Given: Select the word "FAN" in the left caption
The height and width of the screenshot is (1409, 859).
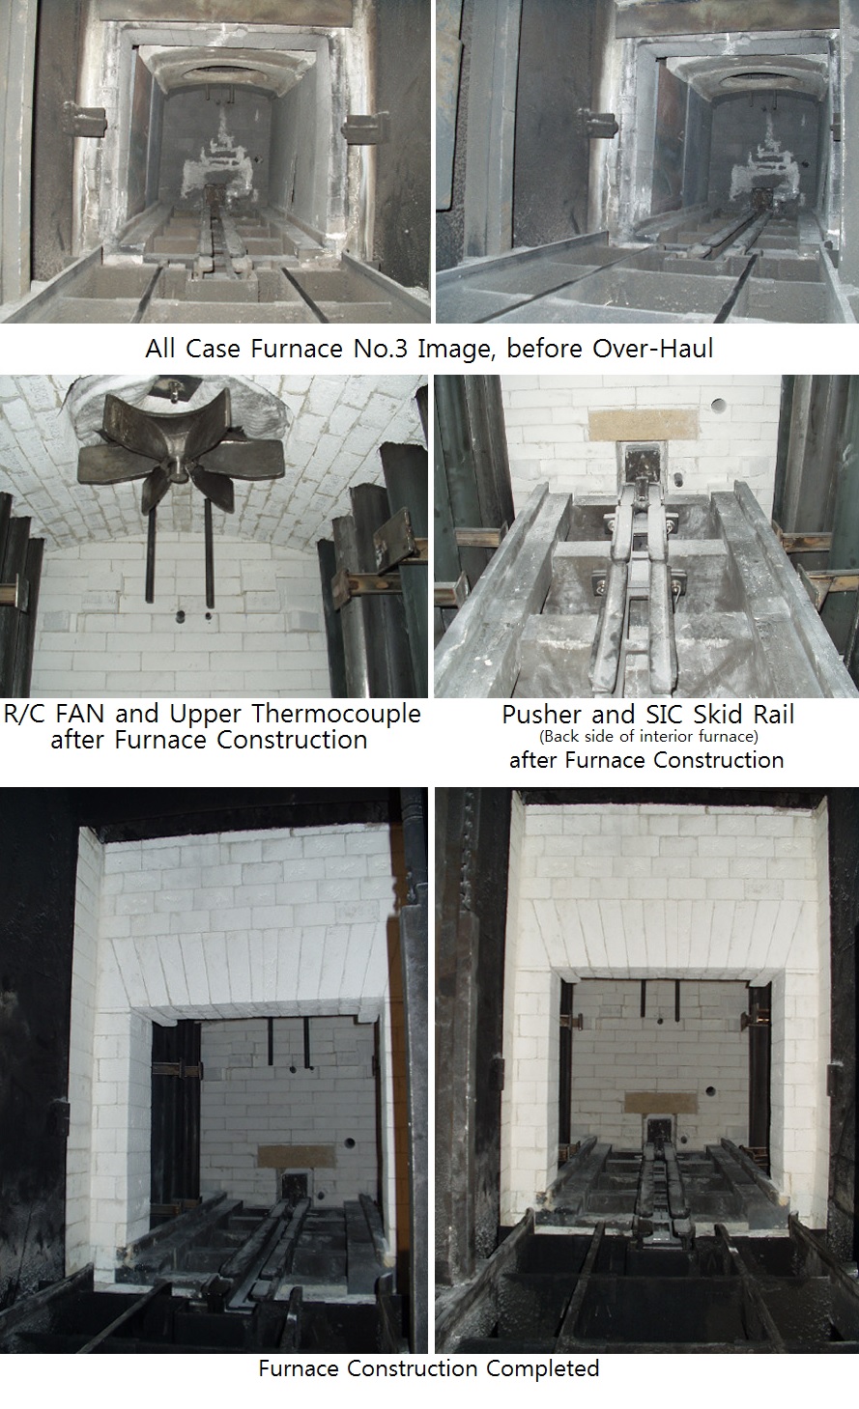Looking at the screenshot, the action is (x=79, y=714).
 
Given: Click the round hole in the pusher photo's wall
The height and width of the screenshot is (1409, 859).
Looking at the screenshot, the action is (x=719, y=405).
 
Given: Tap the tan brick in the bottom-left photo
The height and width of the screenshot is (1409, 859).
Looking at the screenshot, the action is (x=297, y=1155).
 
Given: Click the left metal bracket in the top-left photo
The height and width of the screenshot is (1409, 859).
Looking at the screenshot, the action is (x=84, y=120).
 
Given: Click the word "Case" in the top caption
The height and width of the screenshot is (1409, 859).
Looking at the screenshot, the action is (x=211, y=349).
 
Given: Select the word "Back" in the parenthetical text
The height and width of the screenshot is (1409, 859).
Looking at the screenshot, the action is (x=556, y=736).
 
